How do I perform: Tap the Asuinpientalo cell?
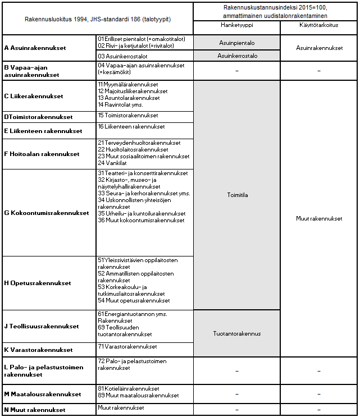click(236, 42)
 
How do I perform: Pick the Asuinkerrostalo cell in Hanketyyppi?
click(236, 56)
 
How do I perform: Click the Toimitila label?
click(236, 195)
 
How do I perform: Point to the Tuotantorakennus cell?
click(236, 333)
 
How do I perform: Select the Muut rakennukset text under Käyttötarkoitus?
click(318, 219)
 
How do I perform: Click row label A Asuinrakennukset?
click(35, 48)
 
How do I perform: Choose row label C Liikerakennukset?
click(34, 97)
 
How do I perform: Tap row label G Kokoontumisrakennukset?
click(47, 213)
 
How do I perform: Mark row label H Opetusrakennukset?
click(38, 283)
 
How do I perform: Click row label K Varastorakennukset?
click(38, 350)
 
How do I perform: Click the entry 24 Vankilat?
click(113, 163)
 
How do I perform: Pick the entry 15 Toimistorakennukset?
click(127, 116)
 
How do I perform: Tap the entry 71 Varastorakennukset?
click(127, 346)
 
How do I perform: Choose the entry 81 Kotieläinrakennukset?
click(128, 388)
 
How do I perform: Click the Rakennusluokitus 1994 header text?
click(98, 19)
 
